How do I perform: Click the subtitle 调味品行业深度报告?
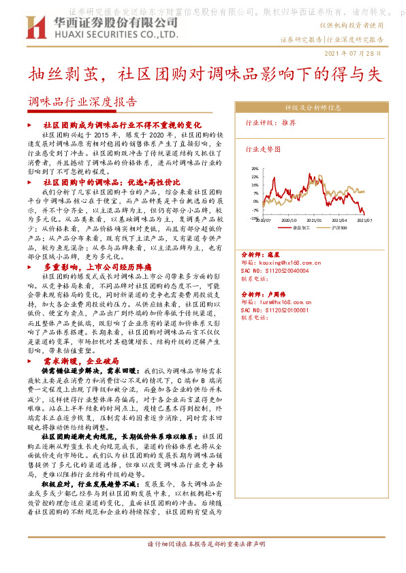click(x=82, y=103)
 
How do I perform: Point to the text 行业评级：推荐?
click(x=270, y=123)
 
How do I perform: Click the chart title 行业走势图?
click(x=262, y=147)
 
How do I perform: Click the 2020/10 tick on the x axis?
click(x=289, y=220)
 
